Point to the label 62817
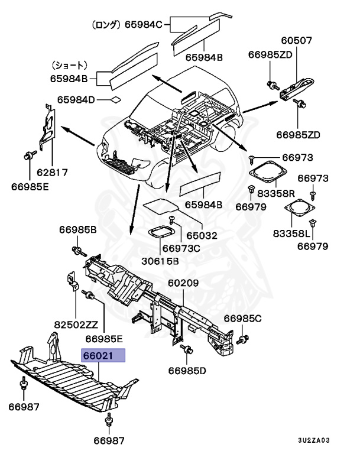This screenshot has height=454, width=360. [x=51, y=173]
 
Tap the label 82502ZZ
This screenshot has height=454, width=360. [x=75, y=325]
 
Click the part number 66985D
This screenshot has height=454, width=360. [x=187, y=371]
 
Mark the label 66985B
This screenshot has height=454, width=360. [x=78, y=229]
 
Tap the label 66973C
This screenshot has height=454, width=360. [x=181, y=248]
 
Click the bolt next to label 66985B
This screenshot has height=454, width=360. [x=76, y=248]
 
